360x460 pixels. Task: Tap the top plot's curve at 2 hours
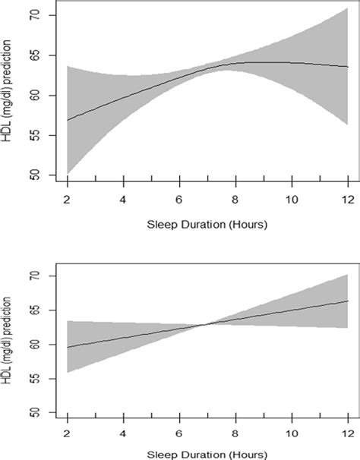(68, 120)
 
